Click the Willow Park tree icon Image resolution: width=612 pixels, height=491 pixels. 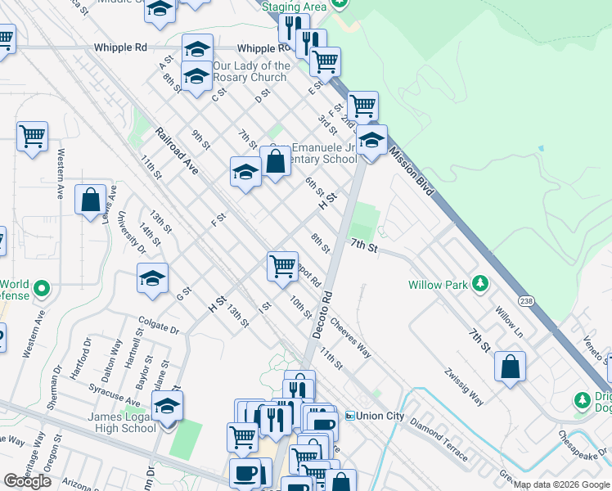point(480,284)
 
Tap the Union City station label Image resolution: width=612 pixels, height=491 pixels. point(379,416)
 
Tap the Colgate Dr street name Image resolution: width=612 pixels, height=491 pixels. point(159,328)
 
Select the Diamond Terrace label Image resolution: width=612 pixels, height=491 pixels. point(439,439)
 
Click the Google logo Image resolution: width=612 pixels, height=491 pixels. point(27,481)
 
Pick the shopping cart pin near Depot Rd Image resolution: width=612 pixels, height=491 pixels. point(282,265)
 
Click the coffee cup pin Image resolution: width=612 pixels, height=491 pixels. point(245,472)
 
